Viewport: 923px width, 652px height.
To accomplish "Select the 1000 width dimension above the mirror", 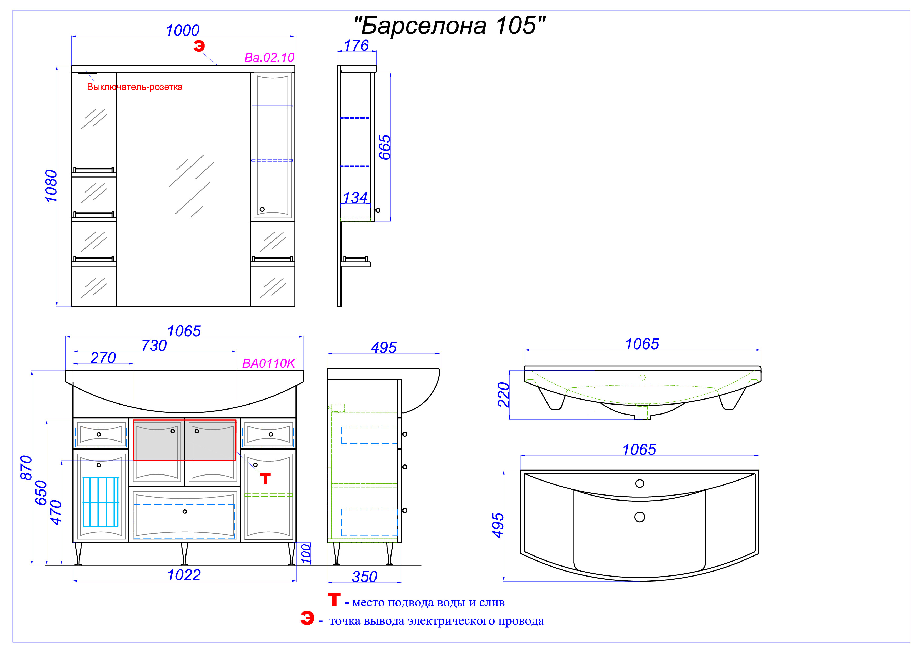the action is (x=183, y=30).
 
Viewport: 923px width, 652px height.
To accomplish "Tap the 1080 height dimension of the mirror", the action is (x=51, y=186).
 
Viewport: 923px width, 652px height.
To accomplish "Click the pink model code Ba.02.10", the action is (x=269, y=57).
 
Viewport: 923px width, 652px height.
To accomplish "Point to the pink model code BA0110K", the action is (x=269, y=363).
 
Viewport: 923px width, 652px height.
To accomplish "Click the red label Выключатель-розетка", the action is (x=135, y=87).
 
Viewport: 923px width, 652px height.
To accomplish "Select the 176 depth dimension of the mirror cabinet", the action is (x=356, y=46).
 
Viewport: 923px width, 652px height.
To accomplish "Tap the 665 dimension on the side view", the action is (x=385, y=148).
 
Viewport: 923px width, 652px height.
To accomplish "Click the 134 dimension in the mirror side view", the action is (x=355, y=197).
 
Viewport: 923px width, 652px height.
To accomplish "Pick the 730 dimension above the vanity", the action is (x=154, y=346).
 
